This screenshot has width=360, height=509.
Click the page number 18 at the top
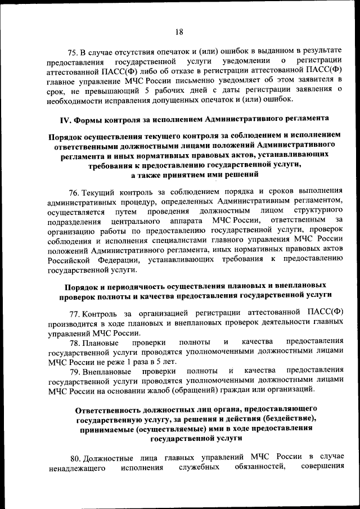tap(179, 31)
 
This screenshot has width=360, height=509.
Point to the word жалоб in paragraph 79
tap(162, 391)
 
